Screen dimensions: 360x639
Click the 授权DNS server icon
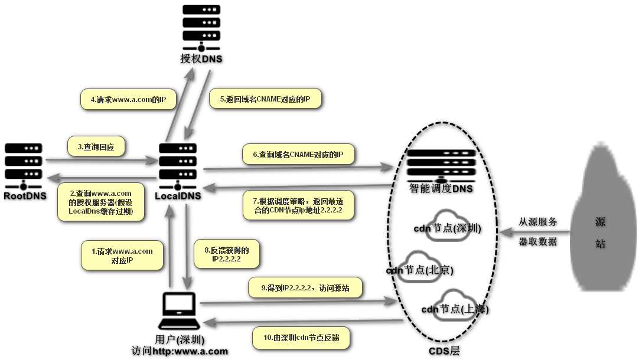(x=201, y=28)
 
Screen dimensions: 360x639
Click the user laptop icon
(x=181, y=313)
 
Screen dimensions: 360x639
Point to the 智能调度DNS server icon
(x=441, y=166)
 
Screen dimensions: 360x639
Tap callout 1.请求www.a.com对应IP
(x=122, y=256)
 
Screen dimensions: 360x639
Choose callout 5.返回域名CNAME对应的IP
(x=266, y=99)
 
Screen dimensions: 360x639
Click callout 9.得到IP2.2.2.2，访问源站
(x=304, y=288)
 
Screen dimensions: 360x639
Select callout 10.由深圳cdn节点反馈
(x=302, y=338)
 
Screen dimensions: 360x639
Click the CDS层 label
(x=444, y=352)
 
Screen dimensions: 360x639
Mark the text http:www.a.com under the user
(x=190, y=351)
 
